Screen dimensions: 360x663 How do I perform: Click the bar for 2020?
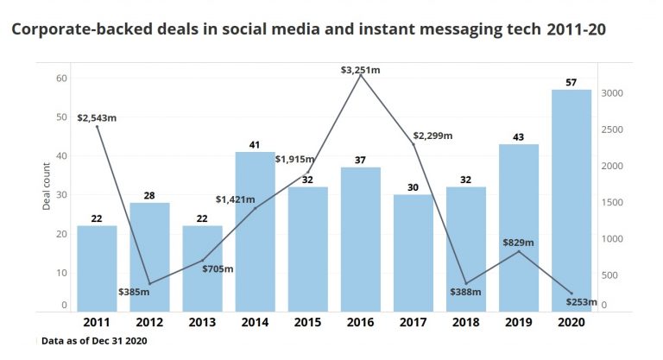point(571,199)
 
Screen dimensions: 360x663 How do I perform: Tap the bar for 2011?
point(97,268)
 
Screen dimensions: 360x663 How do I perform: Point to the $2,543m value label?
point(97,117)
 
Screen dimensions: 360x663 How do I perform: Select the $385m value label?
point(136,291)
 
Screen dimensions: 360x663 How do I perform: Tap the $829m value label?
point(520,242)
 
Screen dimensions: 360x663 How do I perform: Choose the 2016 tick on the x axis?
point(361,322)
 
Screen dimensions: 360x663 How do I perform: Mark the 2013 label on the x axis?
point(202,322)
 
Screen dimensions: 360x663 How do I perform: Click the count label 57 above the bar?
point(571,81)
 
